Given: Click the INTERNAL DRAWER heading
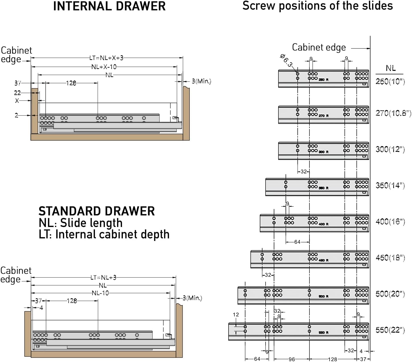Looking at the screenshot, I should point(109,6).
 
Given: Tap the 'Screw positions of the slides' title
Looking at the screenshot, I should point(317,6).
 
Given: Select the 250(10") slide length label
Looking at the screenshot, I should point(390,81).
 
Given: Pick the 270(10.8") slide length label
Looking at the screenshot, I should point(393,113).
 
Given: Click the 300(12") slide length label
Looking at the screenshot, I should point(390,149).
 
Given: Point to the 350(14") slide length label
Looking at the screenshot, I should point(390,185).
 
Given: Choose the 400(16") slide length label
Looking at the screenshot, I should point(390,222).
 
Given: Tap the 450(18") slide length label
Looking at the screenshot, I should point(390,258).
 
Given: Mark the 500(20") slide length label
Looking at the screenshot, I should point(390,294).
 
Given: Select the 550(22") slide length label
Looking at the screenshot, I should point(390,330).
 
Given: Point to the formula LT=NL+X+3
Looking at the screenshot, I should point(106,58).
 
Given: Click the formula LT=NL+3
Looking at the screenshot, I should point(103,277).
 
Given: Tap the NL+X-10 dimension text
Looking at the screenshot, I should point(104,67).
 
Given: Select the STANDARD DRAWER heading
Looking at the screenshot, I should point(97,211).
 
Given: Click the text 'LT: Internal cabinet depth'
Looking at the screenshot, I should point(104,234).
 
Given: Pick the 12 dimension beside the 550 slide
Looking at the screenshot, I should point(236,315).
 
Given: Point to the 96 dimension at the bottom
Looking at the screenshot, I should point(291,359).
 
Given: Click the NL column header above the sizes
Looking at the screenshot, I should point(391,68).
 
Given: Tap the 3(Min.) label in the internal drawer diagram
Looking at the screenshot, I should point(201,81).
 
